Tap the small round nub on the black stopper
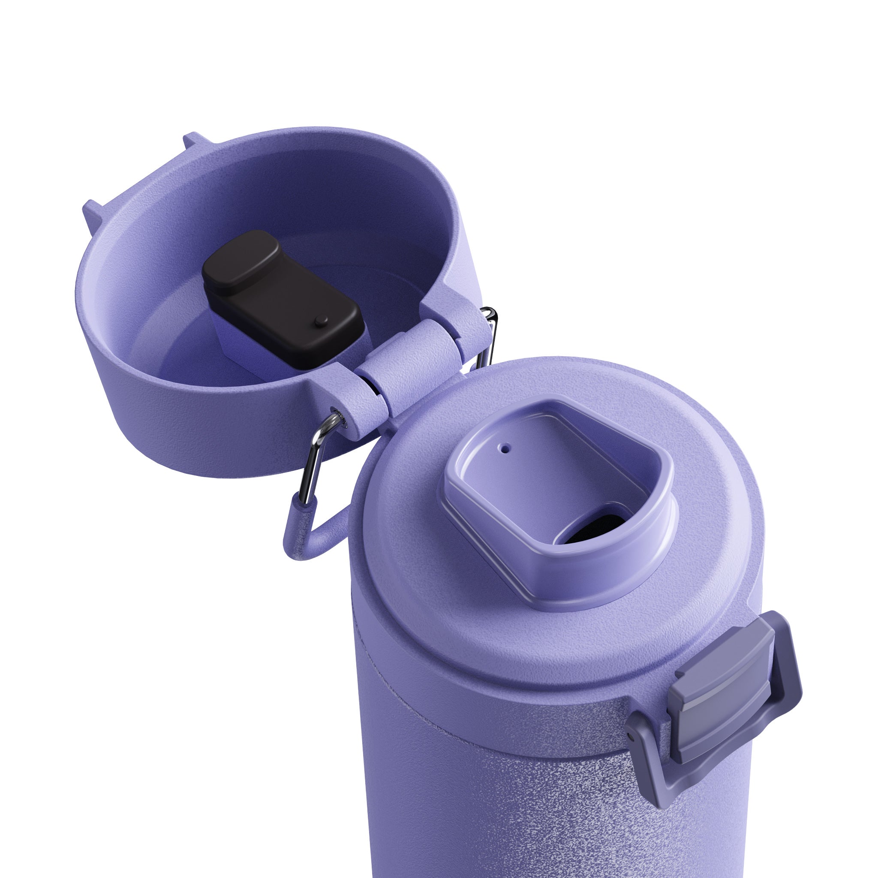(x=322, y=321)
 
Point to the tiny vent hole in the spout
(x=505, y=448)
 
